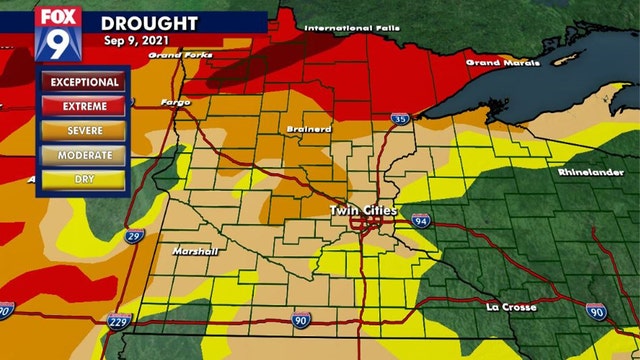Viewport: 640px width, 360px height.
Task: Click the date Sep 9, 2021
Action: click(139, 41)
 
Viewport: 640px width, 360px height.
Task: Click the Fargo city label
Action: click(175, 102)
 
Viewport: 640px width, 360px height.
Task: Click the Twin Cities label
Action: click(364, 211)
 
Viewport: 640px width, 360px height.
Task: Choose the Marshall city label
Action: click(195, 250)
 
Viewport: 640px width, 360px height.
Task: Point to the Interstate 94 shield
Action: click(418, 219)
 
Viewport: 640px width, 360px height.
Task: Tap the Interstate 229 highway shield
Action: click(118, 321)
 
